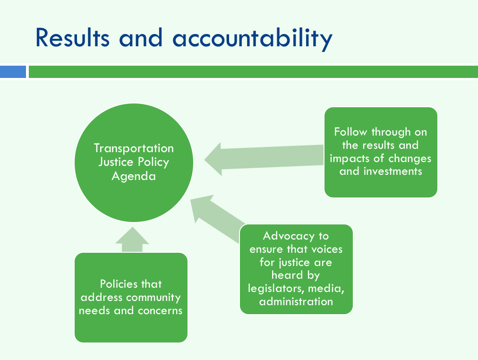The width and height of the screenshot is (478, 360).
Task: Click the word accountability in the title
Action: [252, 39]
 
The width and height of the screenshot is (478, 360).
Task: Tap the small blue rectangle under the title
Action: [13, 72]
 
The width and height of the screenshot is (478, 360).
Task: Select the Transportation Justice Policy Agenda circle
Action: [134, 163]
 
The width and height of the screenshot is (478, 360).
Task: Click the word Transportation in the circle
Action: [134, 148]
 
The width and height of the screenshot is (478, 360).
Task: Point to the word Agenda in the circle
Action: [134, 177]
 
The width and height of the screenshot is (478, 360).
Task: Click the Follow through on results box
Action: [381, 152]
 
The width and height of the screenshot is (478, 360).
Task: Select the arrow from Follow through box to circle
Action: [264, 159]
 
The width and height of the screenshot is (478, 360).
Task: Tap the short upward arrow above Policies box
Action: [132, 240]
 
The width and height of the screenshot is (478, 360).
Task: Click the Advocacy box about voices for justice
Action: [296, 269]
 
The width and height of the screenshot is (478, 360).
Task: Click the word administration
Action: [296, 301]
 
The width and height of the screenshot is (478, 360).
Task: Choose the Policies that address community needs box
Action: [131, 298]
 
